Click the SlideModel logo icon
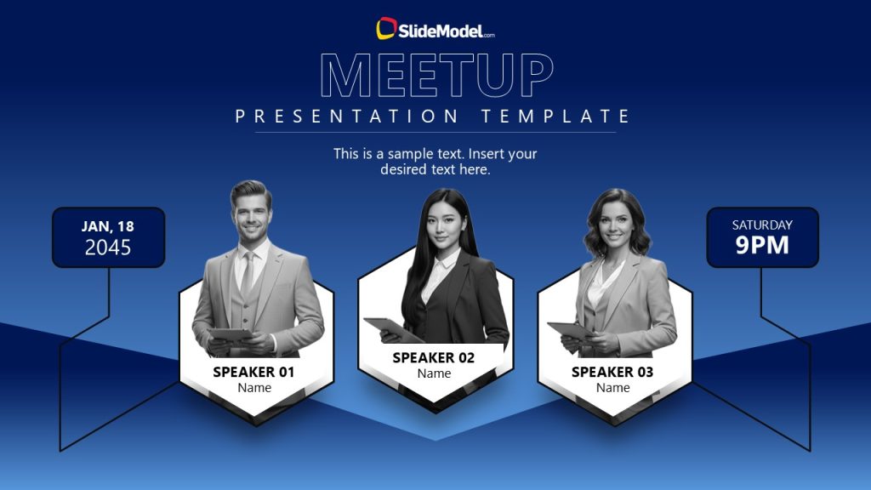point(386,28)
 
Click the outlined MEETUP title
point(436,76)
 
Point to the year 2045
point(108,248)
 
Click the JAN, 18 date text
point(108,226)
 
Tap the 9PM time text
point(762,246)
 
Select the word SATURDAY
point(762,225)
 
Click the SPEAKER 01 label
point(253,372)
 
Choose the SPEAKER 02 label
point(434,357)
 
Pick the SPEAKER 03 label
point(612,372)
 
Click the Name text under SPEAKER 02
point(434,373)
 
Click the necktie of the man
point(247,272)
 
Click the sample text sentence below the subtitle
point(435,162)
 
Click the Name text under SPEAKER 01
point(254,388)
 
